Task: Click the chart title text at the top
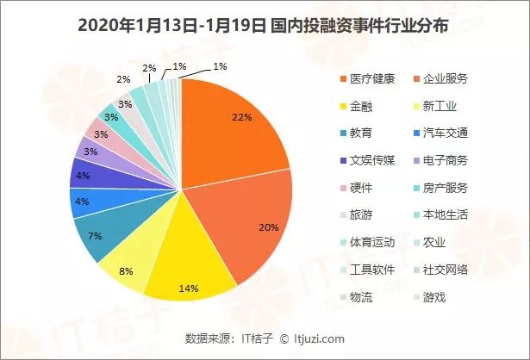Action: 265,24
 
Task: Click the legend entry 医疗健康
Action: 371,80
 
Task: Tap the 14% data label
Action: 188,287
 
